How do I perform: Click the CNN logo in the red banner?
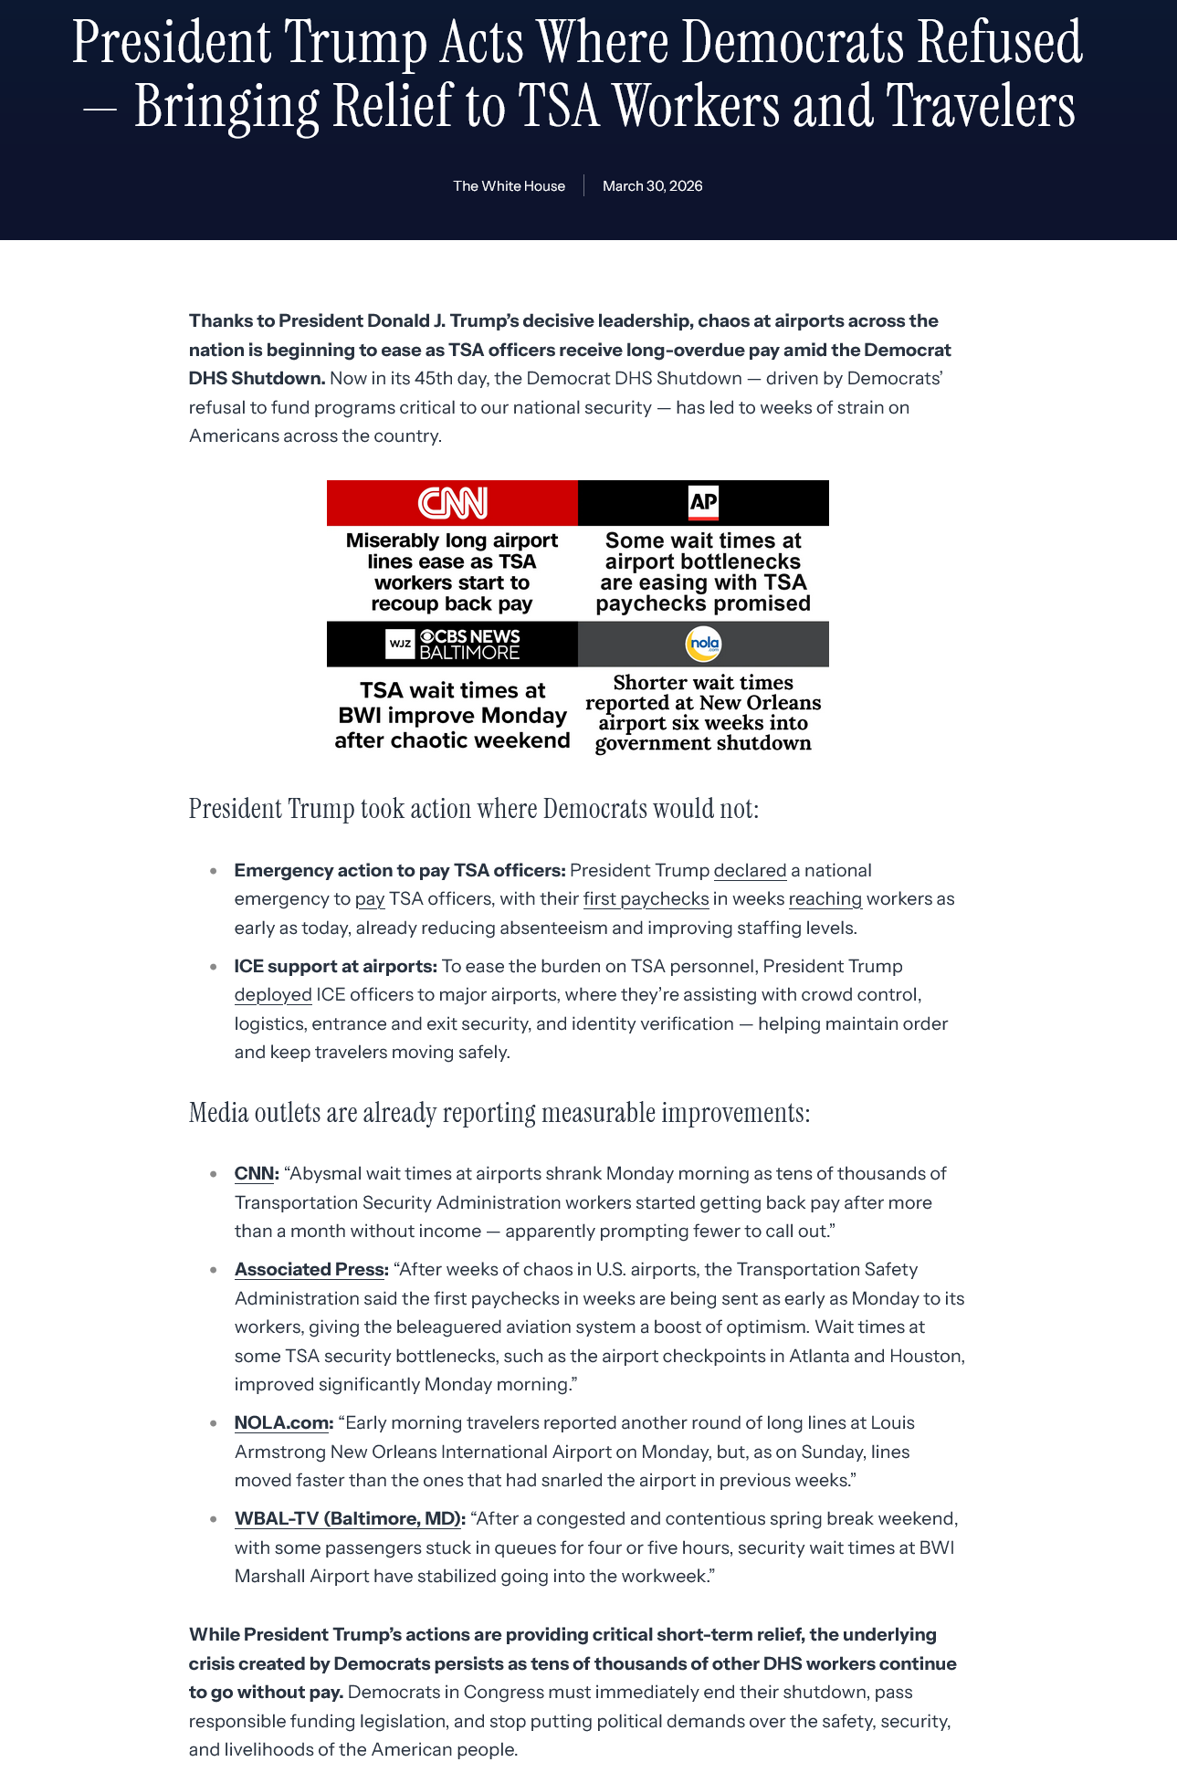pyautogui.click(x=453, y=503)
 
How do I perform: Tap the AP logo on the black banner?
pyautogui.click(x=703, y=503)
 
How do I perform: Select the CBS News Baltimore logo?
pyautogui.click(x=453, y=644)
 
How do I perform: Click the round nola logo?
pyautogui.click(x=703, y=645)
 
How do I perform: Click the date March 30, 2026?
pyautogui.click(x=652, y=186)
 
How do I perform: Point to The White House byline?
pyautogui.click(x=509, y=186)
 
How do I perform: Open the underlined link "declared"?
pyautogui.click(x=750, y=870)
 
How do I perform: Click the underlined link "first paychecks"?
pyautogui.click(x=646, y=899)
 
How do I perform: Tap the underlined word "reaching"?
pyautogui.click(x=825, y=899)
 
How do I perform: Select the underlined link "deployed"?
pyautogui.click(x=273, y=994)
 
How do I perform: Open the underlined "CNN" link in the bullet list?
pyautogui.click(x=254, y=1174)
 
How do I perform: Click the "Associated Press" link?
pyautogui.click(x=309, y=1270)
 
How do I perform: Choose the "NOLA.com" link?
pyautogui.click(x=281, y=1423)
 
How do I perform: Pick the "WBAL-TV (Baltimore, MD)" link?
pyautogui.click(x=347, y=1519)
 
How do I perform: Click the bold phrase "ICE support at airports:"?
pyautogui.click(x=335, y=966)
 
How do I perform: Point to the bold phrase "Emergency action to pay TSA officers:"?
pyautogui.click(x=399, y=870)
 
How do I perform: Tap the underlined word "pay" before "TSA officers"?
pyautogui.click(x=369, y=899)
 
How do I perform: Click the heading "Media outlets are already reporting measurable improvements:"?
pyautogui.click(x=499, y=1113)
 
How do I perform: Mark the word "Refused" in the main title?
pyautogui.click(x=1000, y=42)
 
